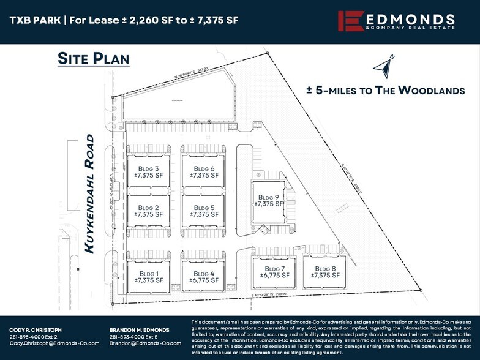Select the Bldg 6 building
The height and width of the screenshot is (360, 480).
click(203, 171)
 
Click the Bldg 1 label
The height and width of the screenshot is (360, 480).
click(149, 277)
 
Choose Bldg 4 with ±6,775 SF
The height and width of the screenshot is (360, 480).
click(203, 277)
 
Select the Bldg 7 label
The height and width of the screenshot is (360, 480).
click(276, 272)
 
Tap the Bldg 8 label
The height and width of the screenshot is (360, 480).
click(325, 272)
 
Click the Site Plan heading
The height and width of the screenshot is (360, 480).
click(93, 59)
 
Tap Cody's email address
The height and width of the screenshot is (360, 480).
click(54, 343)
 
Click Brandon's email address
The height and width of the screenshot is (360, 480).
click(146, 343)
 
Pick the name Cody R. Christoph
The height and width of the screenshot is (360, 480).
click(36, 330)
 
